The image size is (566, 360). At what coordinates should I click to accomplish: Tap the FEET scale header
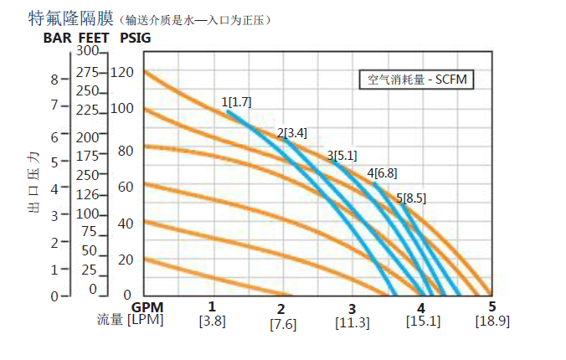[x=93, y=37]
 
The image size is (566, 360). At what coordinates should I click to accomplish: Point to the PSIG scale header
[x=136, y=37]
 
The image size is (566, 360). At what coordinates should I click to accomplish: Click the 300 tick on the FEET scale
[x=88, y=51]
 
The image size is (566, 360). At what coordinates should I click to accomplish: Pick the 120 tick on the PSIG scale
[x=121, y=72]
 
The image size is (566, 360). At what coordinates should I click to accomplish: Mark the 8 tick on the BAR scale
[x=54, y=80]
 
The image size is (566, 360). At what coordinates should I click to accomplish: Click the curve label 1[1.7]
[x=236, y=102]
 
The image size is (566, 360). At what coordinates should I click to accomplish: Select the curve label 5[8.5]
[x=411, y=198]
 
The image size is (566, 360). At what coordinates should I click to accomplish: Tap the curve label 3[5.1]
[x=342, y=155]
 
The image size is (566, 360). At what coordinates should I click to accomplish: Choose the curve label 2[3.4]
[x=291, y=132]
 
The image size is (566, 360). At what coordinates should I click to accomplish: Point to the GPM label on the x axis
[x=147, y=306]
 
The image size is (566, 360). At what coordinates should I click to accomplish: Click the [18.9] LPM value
[x=492, y=321]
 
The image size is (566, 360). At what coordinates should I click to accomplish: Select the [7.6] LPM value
[x=283, y=324]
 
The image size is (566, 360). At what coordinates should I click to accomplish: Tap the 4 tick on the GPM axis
[x=422, y=307]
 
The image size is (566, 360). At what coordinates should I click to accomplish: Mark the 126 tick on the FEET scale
[x=87, y=194]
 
